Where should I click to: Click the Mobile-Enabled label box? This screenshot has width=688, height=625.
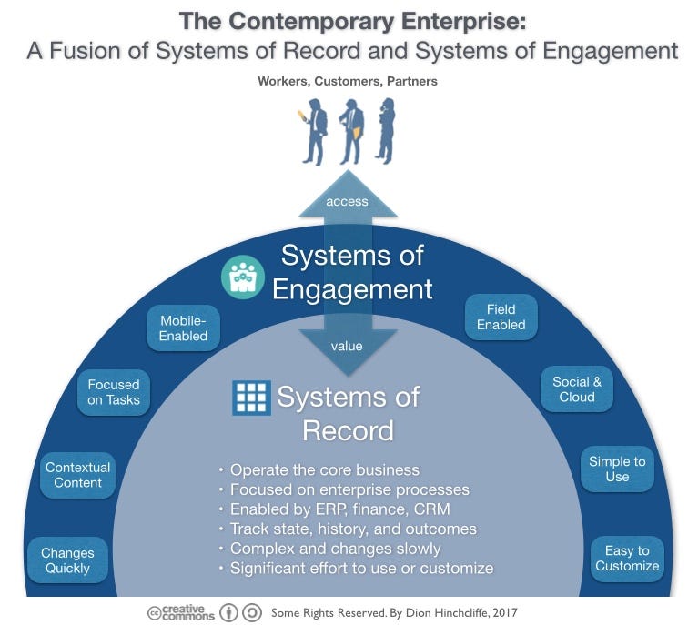(183, 328)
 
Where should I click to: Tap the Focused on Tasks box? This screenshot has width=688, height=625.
(114, 392)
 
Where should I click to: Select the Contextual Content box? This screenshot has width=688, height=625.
(78, 475)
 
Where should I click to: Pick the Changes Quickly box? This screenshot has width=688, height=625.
(67, 560)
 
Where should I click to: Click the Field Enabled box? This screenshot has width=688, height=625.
(501, 318)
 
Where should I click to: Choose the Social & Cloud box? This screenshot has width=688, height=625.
(577, 389)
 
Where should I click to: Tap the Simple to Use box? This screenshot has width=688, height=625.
(617, 469)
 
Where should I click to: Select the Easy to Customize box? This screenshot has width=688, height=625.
(627, 558)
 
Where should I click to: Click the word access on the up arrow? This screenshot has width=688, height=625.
(347, 201)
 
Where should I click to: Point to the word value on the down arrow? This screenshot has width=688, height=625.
(347, 346)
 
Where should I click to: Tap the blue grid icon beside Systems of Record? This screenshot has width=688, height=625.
(251, 398)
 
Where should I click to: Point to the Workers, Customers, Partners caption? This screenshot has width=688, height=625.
(347, 81)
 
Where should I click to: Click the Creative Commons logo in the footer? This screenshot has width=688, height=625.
(181, 612)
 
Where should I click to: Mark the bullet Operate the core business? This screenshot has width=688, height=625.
(324, 470)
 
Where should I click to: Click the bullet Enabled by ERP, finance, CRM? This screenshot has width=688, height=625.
(339, 509)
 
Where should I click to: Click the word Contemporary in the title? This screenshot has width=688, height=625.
(314, 19)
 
